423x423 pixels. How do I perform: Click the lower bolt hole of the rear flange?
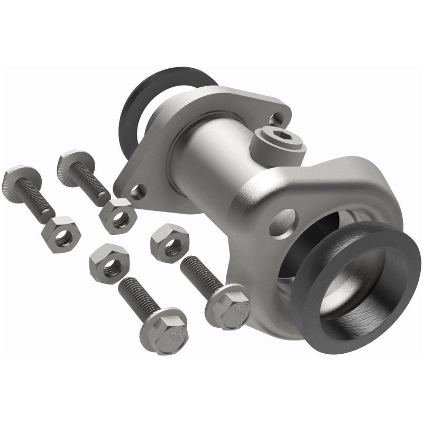tap(139, 190)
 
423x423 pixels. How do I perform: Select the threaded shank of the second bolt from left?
tap(95, 182)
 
